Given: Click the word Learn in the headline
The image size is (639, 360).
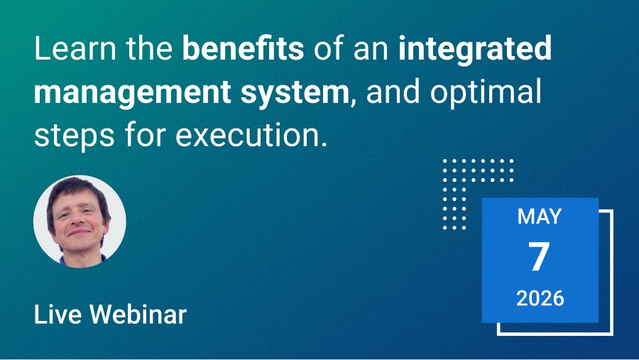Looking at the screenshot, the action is point(75,48).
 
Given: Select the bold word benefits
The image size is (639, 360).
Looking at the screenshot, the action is point(243,48).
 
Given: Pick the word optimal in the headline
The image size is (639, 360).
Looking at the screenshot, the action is point(486,92).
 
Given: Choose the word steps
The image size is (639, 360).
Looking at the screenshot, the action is point(74,136).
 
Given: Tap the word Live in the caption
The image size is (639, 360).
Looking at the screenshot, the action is point(58,315).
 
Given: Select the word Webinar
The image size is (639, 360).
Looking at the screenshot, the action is point(138,315).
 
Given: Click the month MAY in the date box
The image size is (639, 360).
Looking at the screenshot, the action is point(540,217).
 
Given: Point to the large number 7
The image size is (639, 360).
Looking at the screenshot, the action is point(539,256).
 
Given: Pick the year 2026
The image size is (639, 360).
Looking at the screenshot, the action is point(540,298).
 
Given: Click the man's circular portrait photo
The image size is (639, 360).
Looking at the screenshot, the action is point(80,222).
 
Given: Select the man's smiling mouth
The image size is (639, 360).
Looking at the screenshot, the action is point(79,233).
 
